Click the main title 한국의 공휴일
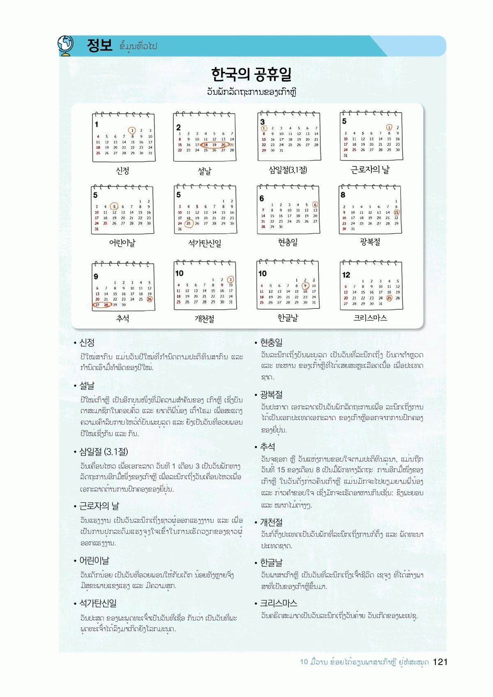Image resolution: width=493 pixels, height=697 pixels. coord(251,74)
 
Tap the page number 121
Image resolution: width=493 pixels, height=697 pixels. coord(440,662)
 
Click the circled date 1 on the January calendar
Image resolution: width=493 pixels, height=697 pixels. coord(132,131)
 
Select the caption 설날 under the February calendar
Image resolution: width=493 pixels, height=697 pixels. coord(204,171)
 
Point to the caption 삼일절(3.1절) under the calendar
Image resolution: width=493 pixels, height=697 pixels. coord(288,170)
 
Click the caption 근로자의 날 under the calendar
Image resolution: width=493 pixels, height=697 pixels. coord(370,170)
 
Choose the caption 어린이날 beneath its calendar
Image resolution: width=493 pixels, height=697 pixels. coord(122,243)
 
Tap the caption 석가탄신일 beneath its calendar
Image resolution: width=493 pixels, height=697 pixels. coord(205,243)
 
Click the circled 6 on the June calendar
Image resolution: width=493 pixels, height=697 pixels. coord(315,205)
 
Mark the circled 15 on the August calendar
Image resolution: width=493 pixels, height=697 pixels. coord(396,212)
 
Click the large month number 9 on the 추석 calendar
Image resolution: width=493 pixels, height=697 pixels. coord(96,276)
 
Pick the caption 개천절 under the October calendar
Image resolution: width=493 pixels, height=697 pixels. coord(204,319)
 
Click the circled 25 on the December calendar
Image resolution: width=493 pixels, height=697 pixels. coord(389,298)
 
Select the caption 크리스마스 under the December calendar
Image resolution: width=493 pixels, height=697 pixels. coord(370,318)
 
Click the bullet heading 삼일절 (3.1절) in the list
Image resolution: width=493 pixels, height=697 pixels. coord(104,452)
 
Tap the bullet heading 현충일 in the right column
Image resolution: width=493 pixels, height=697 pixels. coord(271,343)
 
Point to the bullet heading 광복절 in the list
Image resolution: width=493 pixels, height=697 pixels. coord(271,395)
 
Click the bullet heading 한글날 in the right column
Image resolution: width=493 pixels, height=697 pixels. coord(271,563)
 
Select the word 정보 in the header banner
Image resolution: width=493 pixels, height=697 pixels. coord(99,45)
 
